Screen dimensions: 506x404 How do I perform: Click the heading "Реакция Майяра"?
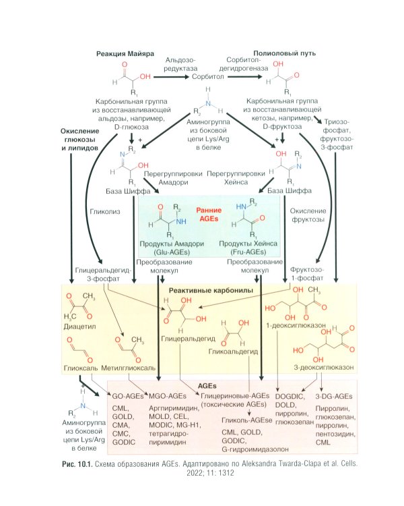(x=127, y=53)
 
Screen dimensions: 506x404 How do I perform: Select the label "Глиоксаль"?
(x=80, y=369)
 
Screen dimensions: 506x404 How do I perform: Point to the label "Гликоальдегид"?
(x=229, y=352)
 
